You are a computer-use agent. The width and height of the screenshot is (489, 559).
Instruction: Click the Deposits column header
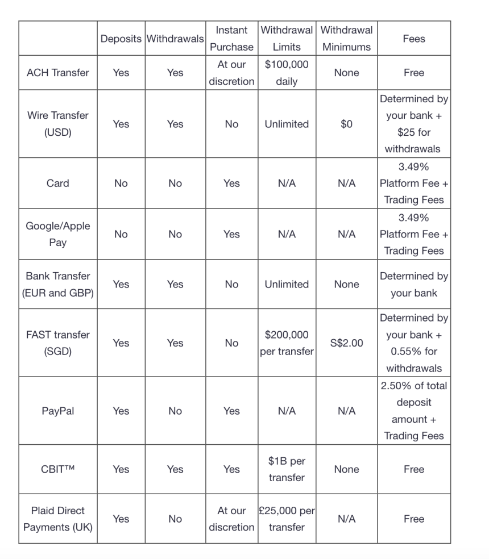tap(121, 39)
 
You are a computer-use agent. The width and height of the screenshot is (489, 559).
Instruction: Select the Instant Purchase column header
tap(231, 39)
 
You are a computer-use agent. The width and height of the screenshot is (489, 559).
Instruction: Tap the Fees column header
tap(413, 39)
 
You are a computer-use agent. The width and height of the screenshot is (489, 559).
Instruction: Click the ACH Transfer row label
tap(57, 73)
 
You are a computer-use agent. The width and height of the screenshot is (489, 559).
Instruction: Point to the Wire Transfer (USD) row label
tap(57, 124)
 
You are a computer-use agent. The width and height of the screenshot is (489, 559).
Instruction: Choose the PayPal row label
tap(57, 411)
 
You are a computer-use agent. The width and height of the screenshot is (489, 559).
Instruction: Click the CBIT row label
tap(57, 469)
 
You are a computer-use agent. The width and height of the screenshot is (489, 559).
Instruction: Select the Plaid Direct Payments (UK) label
tap(57, 519)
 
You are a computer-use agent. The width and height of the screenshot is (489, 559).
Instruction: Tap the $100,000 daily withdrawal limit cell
tap(287, 73)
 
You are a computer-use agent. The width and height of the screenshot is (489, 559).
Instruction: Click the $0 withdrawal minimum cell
tap(346, 124)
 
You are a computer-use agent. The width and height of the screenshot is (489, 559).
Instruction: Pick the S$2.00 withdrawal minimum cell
tap(346, 343)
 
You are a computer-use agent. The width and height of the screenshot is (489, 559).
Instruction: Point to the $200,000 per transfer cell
tap(287, 343)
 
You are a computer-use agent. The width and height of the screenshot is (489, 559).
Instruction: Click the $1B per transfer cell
tap(287, 469)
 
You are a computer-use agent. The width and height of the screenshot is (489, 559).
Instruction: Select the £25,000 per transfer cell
tap(287, 519)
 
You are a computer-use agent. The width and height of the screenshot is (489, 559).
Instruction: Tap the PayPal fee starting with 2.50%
tap(413, 411)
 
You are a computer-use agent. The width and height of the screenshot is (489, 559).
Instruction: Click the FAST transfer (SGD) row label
tap(57, 343)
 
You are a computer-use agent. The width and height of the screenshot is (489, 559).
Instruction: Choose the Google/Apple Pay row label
tap(57, 234)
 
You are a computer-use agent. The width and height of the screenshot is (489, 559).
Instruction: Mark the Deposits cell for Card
tap(121, 183)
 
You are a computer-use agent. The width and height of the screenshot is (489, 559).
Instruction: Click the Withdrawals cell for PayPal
tap(175, 411)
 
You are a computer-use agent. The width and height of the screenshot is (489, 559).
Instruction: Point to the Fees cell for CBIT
tap(413, 469)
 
